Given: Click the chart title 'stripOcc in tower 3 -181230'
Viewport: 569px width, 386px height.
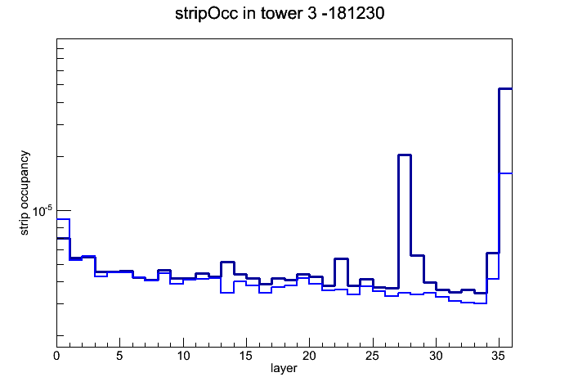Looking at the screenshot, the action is pyautogui.click(x=280, y=14).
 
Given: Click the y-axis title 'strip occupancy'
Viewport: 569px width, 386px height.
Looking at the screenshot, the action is pyautogui.click(x=24, y=193).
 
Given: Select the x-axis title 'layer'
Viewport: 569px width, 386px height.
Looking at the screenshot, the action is pyautogui.click(x=284, y=368).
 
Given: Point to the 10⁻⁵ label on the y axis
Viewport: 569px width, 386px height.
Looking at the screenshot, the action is pyautogui.click(x=42, y=211).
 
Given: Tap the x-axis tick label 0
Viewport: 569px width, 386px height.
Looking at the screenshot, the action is pyautogui.click(x=56, y=356).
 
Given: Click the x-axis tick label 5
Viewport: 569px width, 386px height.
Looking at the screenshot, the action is pyautogui.click(x=119, y=356).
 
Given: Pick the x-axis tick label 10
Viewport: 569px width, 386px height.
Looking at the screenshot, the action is pyautogui.click(x=183, y=356).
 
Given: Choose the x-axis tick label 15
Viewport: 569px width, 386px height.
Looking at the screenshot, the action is pyautogui.click(x=246, y=356).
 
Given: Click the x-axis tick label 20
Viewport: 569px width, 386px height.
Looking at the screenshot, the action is pyautogui.click(x=309, y=356).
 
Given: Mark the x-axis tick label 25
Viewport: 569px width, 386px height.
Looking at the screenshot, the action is pyautogui.click(x=372, y=356).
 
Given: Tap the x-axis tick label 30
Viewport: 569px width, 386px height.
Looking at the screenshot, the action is pyautogui.click(x=436, y=356).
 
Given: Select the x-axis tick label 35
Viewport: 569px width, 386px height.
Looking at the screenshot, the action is pyautogui.click(x=499, y=356).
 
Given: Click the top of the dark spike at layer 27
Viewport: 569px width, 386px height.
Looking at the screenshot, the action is pyautogui.click(x=404, y=155).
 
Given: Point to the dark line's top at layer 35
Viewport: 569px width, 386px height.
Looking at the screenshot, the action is pyautogui.click(x=505, y=88).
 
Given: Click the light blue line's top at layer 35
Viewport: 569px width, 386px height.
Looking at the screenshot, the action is pyautogui.click(x=505, y=173).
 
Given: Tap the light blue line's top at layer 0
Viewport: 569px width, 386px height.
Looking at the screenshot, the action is pyautogui.click(x=63, y=219).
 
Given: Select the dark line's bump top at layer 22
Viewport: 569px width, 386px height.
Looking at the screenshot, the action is pyautogui.click(x=341, y=259).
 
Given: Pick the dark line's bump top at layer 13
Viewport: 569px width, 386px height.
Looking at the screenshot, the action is pyautogui.click(x=227, y=262).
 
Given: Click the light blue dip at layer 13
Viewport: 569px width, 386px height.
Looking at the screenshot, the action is pyautogui.click(x=227, y=293).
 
